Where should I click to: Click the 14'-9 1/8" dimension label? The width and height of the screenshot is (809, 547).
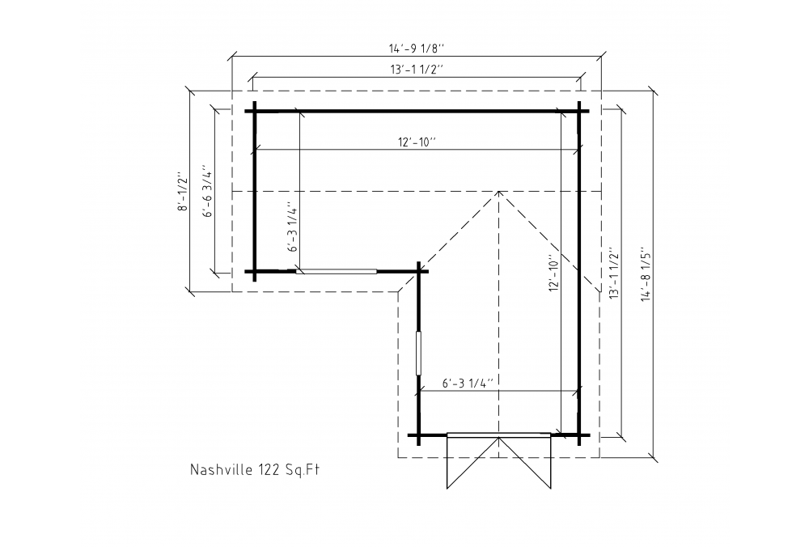pyautogui.click(x=417, y=49)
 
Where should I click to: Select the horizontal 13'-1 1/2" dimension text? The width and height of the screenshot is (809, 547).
pyautogui.click(x=417, y=69)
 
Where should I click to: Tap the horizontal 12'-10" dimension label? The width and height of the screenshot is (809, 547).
pyautogui.click(x=417, y=142)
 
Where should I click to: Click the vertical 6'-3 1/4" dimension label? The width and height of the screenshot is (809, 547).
pyautogui.click(x=293, y=227)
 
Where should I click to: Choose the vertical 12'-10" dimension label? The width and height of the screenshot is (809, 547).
pyautogui.click(x=554, y=273)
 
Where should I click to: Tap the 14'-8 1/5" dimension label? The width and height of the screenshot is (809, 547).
pyautogui.click(x=647, y=276)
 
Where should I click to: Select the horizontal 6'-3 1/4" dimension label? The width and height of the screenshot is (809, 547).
pyautogui.click(x=468, y=384)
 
